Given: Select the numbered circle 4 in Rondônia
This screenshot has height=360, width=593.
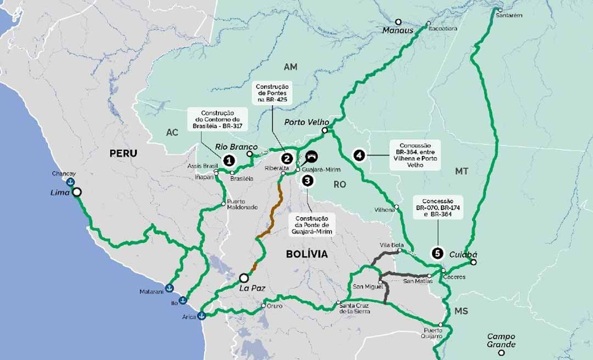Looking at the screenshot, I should (359, 155).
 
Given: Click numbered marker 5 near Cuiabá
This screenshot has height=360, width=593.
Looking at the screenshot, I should (437, 253).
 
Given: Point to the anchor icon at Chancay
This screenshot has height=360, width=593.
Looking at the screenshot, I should (70, 183).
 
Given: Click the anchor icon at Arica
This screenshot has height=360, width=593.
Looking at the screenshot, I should (202, 315).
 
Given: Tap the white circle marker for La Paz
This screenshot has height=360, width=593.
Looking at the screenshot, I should (244, 278).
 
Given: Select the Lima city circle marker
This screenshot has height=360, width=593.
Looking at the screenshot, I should (76, 192).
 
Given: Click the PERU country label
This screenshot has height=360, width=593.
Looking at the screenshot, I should (123, 153).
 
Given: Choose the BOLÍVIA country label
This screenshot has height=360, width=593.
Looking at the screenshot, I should (306, 254).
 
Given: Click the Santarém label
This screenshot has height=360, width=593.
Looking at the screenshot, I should (508, 15).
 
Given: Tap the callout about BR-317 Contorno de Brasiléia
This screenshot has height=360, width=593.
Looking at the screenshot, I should (217, 119).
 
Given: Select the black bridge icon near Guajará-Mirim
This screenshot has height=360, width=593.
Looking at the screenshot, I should (311, 156).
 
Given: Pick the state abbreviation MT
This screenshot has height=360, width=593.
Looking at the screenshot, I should (461, 172).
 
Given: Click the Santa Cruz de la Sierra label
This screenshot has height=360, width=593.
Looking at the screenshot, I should (355, 308).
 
